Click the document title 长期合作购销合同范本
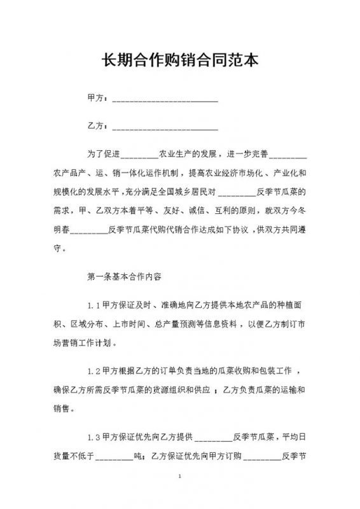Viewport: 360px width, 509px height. pyautogui.click(x=180, y=61)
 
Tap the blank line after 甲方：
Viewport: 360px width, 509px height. pyautogui.click(x=165, y=100)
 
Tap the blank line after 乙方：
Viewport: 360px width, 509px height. pyautogui.click(x=165, y=128)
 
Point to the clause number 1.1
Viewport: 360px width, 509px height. pyautogui.click(x=93, y=306)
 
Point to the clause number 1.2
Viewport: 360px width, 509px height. pyautogui.click(x=93, y=371)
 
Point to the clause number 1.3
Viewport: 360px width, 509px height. pyautogui.click(x=93, y=436)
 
